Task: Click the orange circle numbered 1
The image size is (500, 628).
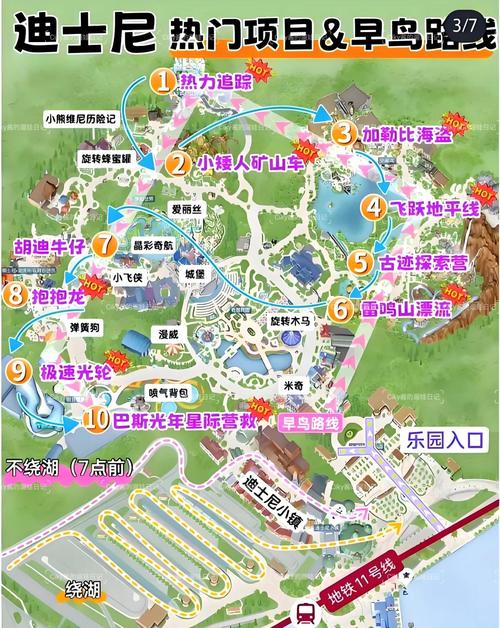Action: [161, 79]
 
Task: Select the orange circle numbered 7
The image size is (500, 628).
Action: [104, 243]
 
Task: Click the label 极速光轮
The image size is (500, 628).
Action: [77, 371]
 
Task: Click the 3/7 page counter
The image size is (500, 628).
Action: [464, 21]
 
